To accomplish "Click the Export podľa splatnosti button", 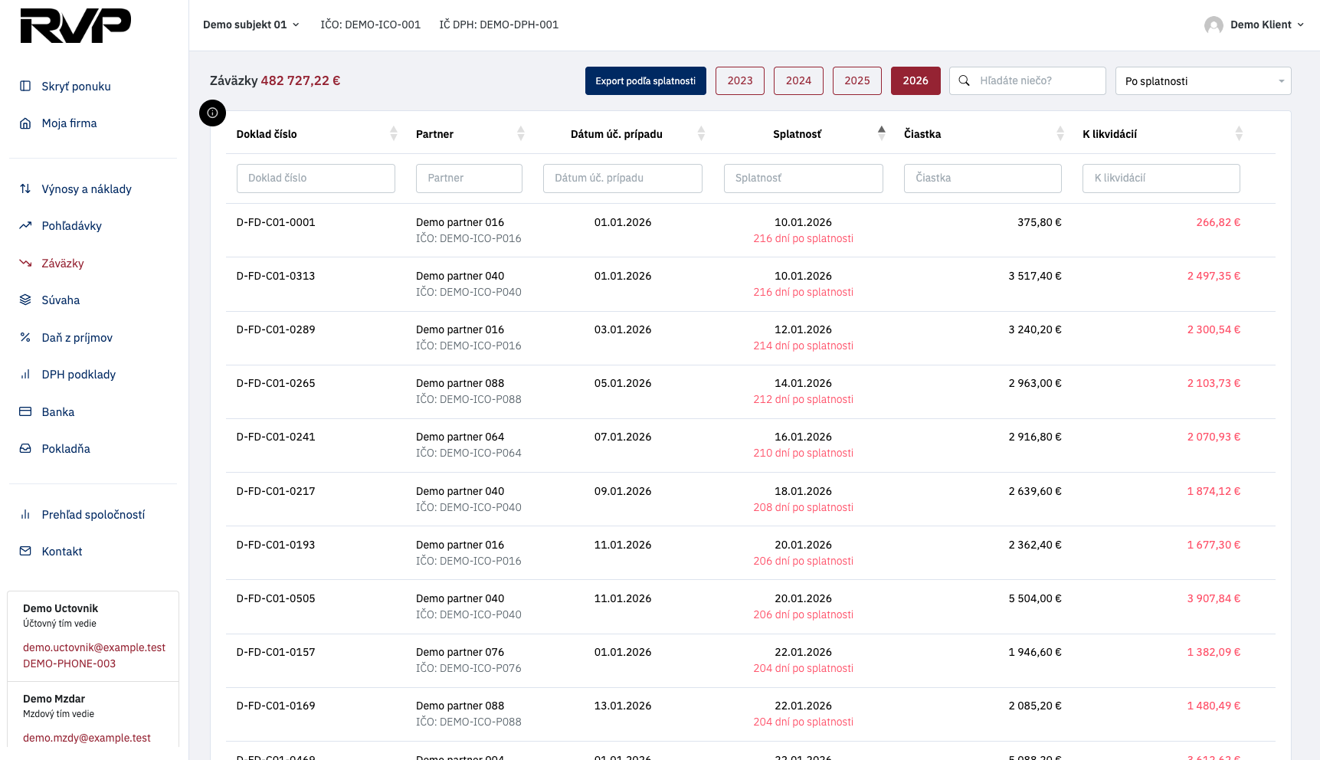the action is click(x=645, y=80).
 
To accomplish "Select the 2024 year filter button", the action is click(x=798, y=80).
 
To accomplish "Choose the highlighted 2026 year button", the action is click(x=915, y=80).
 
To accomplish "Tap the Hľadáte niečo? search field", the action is click(x=1027, y=80).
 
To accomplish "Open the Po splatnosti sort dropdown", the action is click(x=1204, y=80).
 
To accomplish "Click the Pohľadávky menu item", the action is click(x=71, y=226).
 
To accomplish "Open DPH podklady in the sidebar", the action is click(x=78, y=375).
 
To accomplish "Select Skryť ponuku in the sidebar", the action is click(x=76, y=87).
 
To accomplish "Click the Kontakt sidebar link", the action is click(x=61, y=552).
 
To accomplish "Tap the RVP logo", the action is click(x=75, y=25).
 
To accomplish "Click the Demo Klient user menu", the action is click(x=1254, y=25).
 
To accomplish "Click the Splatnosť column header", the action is click(x=797, y=134).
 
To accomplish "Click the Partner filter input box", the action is click(x=469, y=178).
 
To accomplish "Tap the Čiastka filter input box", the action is click(x=983, y=178).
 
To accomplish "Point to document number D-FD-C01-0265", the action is click(x=276, y=383).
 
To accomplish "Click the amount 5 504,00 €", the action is click(x=1035, y=598).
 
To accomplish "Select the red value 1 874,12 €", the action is click(x=1214, y=491).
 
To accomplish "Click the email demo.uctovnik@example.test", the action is click(x=94, y=647).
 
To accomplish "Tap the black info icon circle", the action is click(x=212, y=113).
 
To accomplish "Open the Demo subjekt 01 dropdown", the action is click(x=251, y=25).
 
